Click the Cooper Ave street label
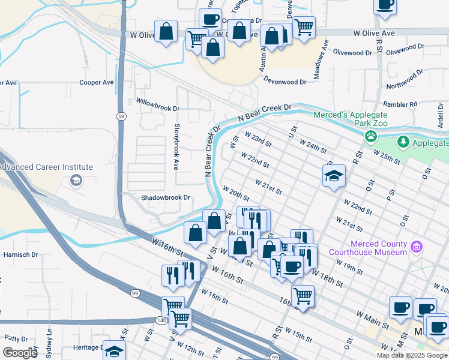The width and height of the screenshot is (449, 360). click(x=97, y=82)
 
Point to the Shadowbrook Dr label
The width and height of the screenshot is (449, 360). click(x=165, y=197)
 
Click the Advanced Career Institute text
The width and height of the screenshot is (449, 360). click(x=46, y=167)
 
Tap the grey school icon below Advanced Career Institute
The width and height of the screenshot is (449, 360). click(x=76, y=180)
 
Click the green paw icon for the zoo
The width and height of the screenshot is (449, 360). click(x=372, y=136)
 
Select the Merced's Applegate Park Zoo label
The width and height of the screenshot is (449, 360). click(x=351, y=118)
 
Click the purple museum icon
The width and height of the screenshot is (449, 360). click(x=417, y=247)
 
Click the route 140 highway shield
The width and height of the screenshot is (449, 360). click(x=162, y=320)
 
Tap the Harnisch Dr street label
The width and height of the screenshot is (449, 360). click(x=20, y=254)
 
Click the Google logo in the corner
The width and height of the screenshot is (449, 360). click(x=20, y=353)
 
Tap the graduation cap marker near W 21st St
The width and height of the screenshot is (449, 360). click(x=334, y=176)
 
